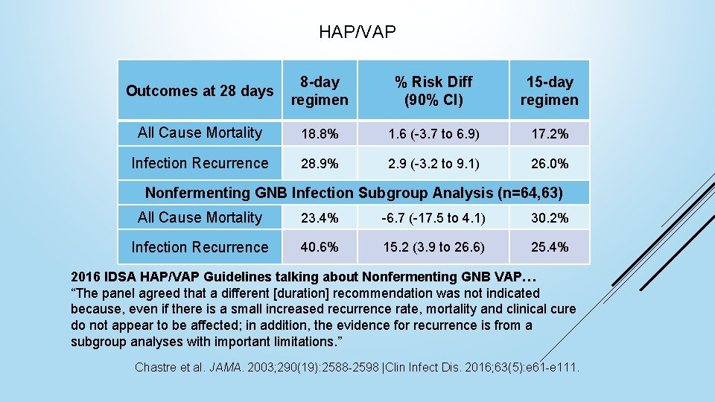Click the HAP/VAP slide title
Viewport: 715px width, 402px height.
(x=357, y=32)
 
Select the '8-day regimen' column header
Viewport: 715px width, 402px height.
(x=319, y=91)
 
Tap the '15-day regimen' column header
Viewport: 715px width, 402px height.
(x=549, y=91)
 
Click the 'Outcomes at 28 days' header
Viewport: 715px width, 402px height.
(x=200, y=91)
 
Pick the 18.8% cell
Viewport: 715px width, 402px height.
(x=319, y=134)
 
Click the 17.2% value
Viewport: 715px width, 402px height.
(x=549, y=134)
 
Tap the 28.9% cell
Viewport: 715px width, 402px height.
(x=319, y=163)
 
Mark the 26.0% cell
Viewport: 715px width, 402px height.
(x=549, y=163)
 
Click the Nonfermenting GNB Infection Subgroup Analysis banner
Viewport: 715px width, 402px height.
(x=354, y=193)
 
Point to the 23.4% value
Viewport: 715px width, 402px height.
(x=319, y=218)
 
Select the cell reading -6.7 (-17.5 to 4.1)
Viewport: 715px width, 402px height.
(x=433, y=218)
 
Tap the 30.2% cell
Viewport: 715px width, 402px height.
(x=549, y=218)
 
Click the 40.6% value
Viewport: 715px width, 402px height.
(x=319, y=247)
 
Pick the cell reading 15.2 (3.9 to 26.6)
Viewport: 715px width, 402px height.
(x=433, y=247)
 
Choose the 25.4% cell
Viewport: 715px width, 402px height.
(x=549, y=247)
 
